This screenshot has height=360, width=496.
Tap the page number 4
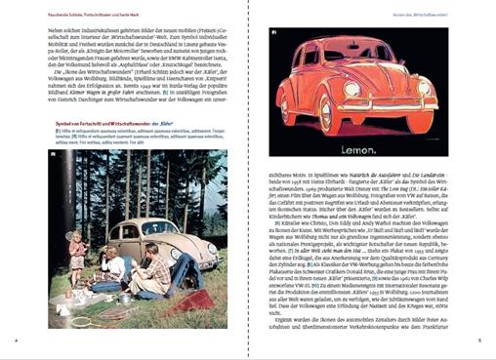16,340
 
